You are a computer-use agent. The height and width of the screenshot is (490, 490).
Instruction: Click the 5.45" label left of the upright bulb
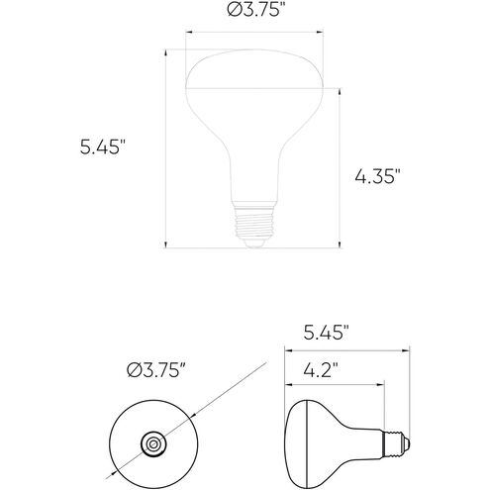pyautogui.click(x=103, y=147)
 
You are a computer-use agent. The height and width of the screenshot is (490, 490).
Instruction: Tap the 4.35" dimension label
pyautogui.click(x=377, y=176)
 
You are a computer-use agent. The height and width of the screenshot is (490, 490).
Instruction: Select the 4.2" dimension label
pyautogui.click(x=321, y=370)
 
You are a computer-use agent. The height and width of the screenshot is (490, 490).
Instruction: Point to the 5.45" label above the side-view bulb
pyautogui.click(x=326, y=333)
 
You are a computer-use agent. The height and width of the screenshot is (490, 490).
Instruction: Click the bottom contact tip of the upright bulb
pyautogui.click(x=253, y=243)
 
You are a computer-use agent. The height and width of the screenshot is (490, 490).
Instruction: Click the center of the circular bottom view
pyautogui.click(x=153, y=444)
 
